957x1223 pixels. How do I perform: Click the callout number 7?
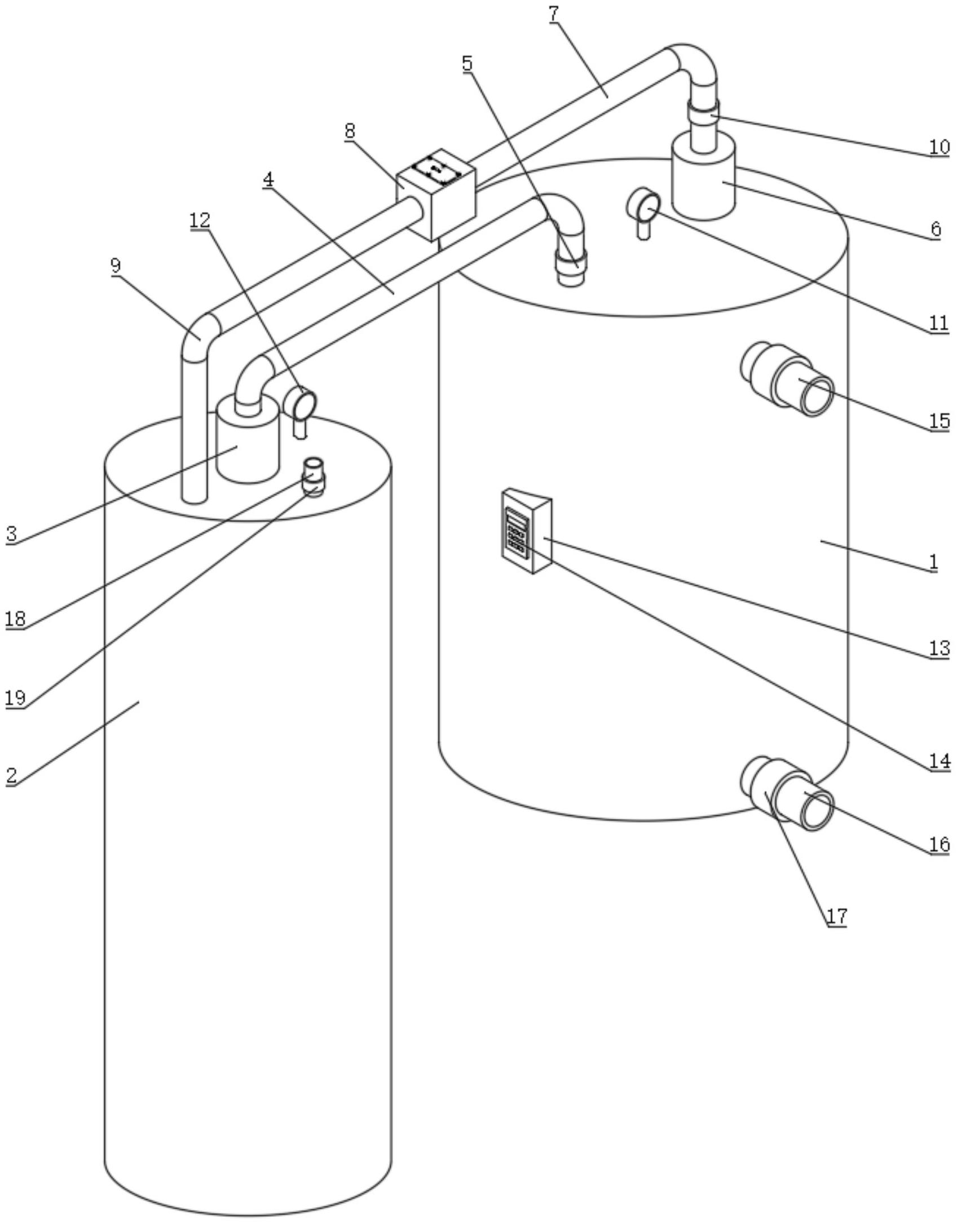554,14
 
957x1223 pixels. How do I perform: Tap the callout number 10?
939,147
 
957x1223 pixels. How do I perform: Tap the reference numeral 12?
200,220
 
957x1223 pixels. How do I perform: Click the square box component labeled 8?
436,194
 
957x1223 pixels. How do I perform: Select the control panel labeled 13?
527,531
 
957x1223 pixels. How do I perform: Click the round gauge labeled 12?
300,410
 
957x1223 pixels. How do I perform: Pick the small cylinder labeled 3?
248,439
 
